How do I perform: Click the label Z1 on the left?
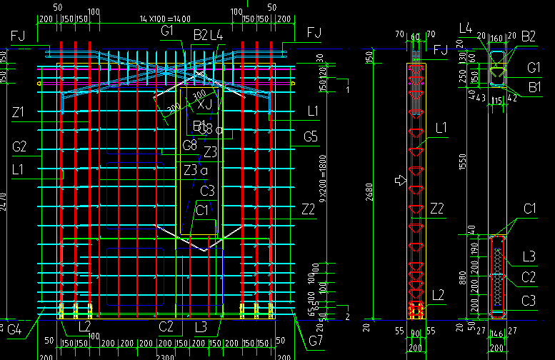19,112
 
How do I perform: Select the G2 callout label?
19,147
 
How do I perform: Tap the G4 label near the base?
14,329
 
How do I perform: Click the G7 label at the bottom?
315,340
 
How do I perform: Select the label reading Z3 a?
196,170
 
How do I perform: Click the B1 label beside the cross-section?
535,86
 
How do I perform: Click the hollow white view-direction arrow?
401,181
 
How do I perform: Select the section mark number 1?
346,89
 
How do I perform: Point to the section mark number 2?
348,316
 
